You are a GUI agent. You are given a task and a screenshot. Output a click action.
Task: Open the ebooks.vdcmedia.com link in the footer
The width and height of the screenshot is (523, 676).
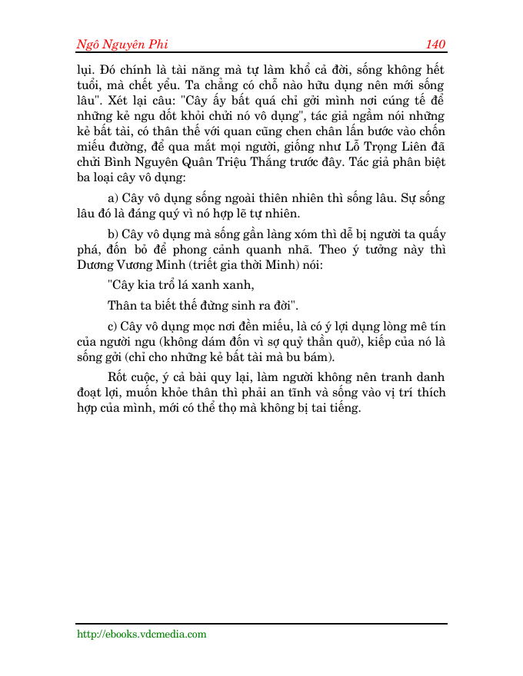pos(142,635)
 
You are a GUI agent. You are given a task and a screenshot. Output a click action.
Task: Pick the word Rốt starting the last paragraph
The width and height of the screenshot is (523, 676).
pos(120,377)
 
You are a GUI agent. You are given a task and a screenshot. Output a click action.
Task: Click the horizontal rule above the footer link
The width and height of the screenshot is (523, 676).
pos(261,624)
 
